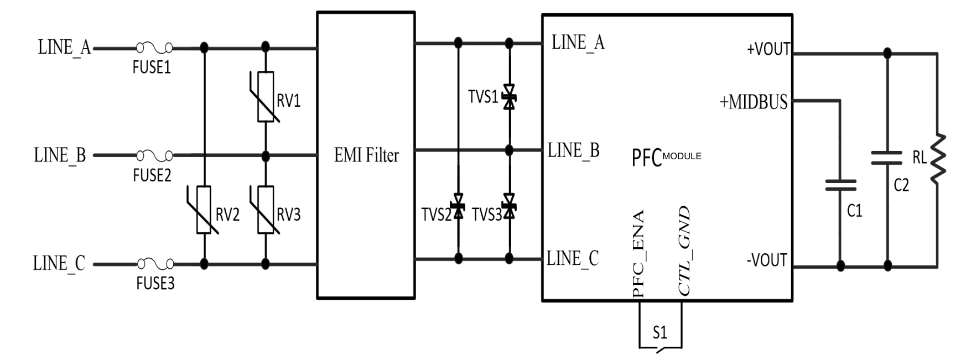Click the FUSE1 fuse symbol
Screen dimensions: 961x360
pos(154,48)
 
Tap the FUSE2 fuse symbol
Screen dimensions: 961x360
pos(154,155)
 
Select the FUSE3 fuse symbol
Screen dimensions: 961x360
pos(155,264)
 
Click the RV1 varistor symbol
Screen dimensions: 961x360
pos(266,97)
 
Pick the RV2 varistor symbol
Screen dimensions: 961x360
pos(204,210)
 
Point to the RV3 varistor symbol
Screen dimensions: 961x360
pos(266,210)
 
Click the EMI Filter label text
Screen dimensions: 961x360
pos(366,155)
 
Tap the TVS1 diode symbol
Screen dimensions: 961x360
pos(509,97)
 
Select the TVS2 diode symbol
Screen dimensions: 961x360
pos(458,206)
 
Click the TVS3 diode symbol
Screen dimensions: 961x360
pos(509,206)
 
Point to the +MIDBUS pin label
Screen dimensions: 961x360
pos(754,102)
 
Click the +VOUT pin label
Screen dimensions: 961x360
pos(768,49)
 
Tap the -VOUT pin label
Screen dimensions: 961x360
pos(767,260)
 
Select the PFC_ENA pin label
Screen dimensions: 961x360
pos(638,253)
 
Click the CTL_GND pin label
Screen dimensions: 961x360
pos(684,251)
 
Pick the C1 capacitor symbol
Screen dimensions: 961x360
pos(840,185)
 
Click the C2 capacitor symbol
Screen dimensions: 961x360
pos(887,158)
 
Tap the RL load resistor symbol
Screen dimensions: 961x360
pos(938,158)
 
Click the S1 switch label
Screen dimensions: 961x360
pos(660,333)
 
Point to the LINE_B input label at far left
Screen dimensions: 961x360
pos(60,155)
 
